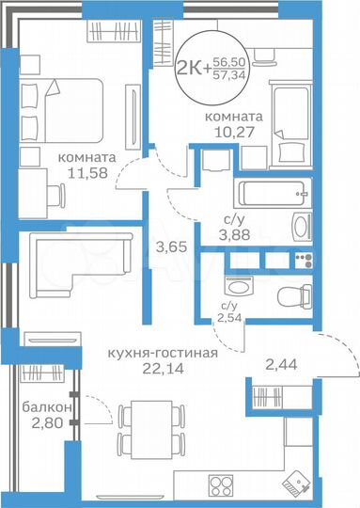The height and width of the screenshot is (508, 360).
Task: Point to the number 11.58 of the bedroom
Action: point(87,175)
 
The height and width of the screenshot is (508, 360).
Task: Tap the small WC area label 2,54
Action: point(229,318)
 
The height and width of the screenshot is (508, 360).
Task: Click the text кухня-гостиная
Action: point(164,354)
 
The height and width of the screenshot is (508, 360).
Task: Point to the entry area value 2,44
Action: point(281,363)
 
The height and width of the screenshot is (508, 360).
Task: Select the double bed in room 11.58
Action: point(52,107)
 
